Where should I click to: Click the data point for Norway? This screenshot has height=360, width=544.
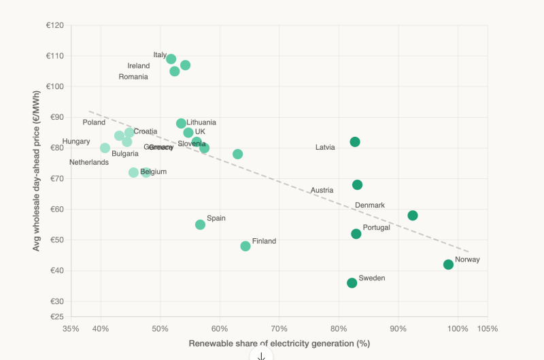click(448, 265)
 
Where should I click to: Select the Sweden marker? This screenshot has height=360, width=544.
click(352, 283)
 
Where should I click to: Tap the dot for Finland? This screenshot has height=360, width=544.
click(245, 246)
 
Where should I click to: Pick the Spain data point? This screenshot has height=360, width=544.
click(200, 225)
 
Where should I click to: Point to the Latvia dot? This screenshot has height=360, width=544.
click(355, 142)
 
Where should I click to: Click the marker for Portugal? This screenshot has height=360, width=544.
click(356, 234)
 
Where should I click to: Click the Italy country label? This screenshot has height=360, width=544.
click(160, 54)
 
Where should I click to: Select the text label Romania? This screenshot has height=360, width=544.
click(133, 77)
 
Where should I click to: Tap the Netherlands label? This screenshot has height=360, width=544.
click(89, 163)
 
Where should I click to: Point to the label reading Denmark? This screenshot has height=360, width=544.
click(370, 205)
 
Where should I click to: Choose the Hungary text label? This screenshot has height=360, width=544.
click(76, 142)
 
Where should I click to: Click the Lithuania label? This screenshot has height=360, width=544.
click(201, 122)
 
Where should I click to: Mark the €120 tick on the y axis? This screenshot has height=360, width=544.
click(54, 26)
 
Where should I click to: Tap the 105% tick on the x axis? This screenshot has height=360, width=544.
click(488, 329)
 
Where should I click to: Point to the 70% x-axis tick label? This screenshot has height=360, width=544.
click(279, 329)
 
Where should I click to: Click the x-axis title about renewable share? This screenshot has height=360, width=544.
click(279, 344)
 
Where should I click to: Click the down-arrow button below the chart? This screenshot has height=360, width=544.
click(261, 356)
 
